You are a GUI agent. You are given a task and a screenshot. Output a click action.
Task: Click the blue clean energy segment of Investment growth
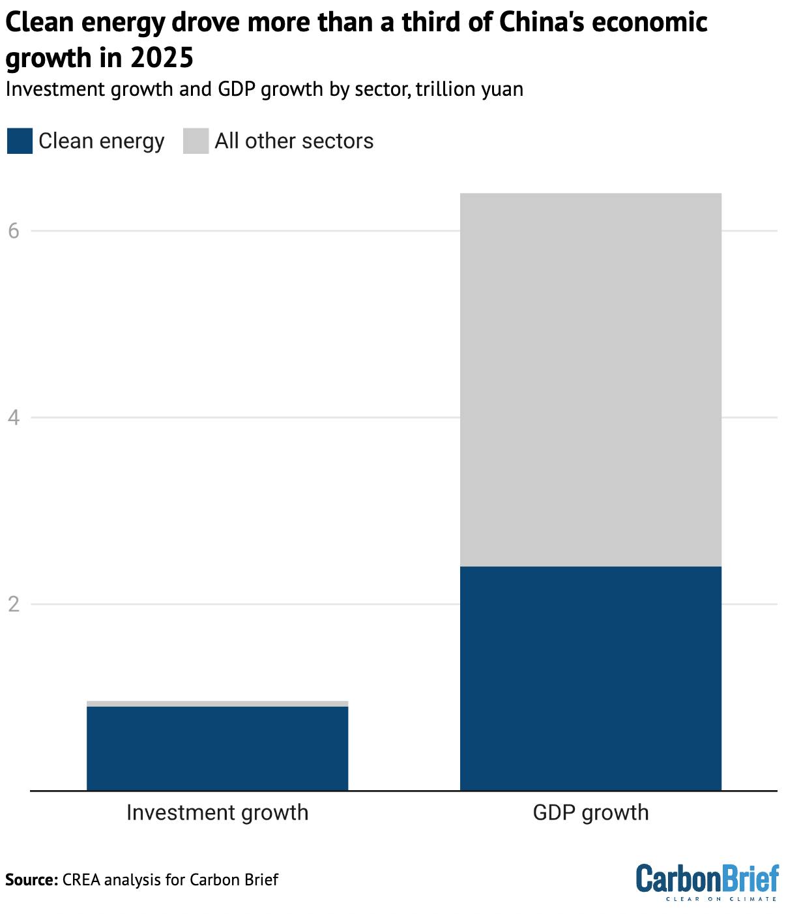(217, 748)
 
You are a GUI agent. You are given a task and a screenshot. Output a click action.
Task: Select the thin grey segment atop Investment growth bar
(217, 703)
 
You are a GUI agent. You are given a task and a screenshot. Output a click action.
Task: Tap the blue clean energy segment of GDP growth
(590, 678)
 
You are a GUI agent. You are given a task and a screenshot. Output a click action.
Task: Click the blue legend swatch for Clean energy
(20, 141)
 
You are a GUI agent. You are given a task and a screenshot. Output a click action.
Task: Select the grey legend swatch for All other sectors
(196, 141)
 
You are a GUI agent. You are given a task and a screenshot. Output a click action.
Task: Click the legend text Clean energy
(101, 141)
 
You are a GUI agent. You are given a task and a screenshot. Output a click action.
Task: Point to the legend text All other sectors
(294, 141)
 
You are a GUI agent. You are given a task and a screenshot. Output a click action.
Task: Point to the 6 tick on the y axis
(14, 231)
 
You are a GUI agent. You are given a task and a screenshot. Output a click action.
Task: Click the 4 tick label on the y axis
(14, 417)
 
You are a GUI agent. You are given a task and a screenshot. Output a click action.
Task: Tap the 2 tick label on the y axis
(14, 604)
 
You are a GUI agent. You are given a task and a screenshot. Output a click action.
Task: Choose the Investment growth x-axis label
(217, 812)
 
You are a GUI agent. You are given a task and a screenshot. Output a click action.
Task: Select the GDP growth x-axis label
(590, 812)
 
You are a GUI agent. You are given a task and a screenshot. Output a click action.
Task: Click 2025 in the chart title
(162, 58)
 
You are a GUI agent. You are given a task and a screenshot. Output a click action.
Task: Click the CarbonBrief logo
(706, 878)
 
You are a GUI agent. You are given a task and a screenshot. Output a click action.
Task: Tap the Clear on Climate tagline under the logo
(721, 899)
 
